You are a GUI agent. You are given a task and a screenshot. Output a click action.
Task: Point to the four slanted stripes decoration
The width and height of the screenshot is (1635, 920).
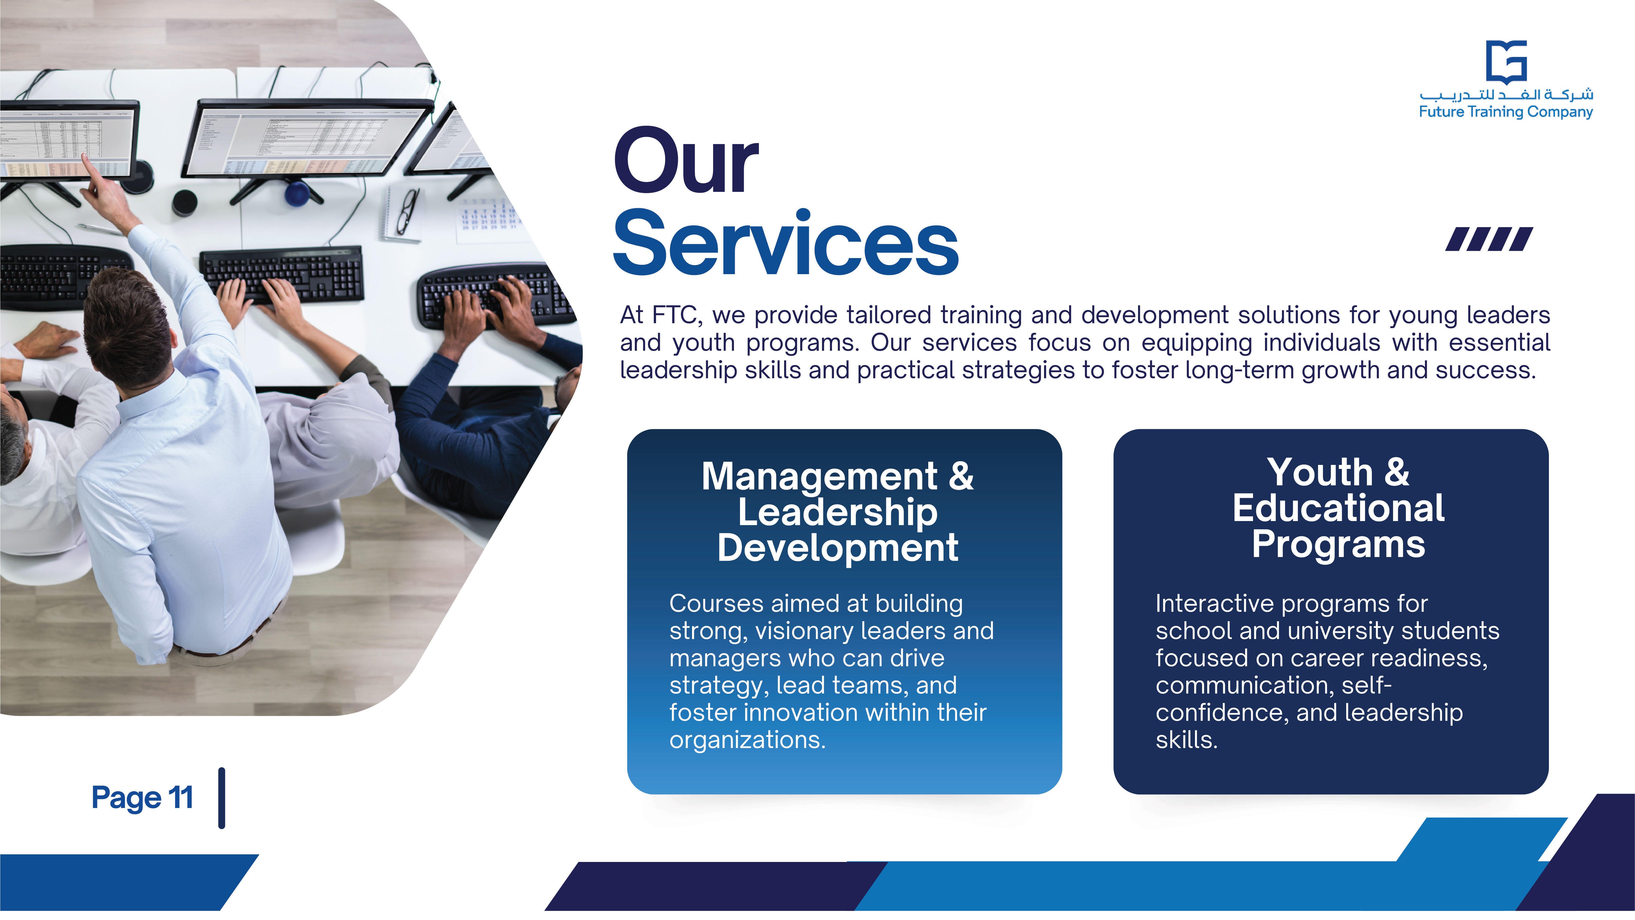tap(1489, 239)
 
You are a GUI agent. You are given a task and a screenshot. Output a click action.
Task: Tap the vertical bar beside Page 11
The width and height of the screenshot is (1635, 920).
tap(222, 798)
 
